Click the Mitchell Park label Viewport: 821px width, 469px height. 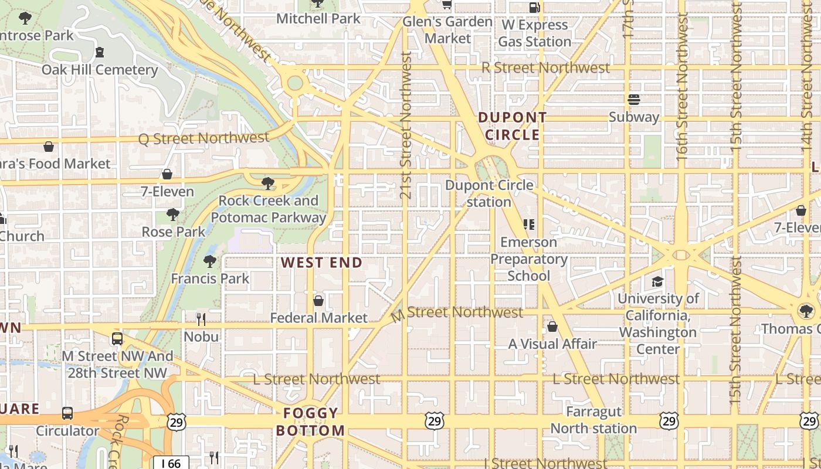coord(318,19)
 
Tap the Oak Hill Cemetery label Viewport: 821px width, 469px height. coord(100,70)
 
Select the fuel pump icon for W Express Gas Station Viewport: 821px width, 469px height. coord(534,8)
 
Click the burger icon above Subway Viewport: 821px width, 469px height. coord(633,99)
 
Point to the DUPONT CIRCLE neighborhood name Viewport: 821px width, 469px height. coord(512,126)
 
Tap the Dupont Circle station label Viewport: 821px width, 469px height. coord(489,193)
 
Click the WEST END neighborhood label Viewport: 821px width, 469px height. coord(321,263)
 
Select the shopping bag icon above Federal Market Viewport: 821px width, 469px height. coord(318,301)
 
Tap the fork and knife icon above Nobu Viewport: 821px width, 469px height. coord(201,319)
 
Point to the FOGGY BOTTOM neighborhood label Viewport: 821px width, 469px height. coord(310,422)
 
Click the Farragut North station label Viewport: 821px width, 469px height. coord(593,420)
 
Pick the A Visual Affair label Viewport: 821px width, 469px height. coord(552,344)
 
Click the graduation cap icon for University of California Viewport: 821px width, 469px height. coord(657,282)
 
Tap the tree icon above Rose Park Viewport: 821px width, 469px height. coord(173,214)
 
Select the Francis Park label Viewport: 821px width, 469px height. coord(210,278)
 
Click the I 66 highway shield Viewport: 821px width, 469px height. coord(171,463)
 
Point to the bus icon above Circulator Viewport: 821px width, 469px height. coord(67,413)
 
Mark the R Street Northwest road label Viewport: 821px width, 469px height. coord(545,68)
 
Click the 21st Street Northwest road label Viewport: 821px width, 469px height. coord(406,125)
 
